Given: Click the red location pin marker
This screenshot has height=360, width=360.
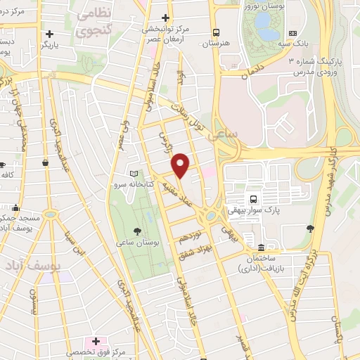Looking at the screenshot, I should [181, 165].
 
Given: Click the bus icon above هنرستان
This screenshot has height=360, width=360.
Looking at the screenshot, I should [217, 32].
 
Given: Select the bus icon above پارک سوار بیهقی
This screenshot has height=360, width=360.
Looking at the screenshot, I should [252, 198].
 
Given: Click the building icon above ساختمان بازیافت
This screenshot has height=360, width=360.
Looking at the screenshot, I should [261, 247].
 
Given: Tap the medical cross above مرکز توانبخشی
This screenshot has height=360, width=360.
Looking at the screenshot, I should [166, 18].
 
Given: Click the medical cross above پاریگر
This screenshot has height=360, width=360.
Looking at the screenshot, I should [49, 33].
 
